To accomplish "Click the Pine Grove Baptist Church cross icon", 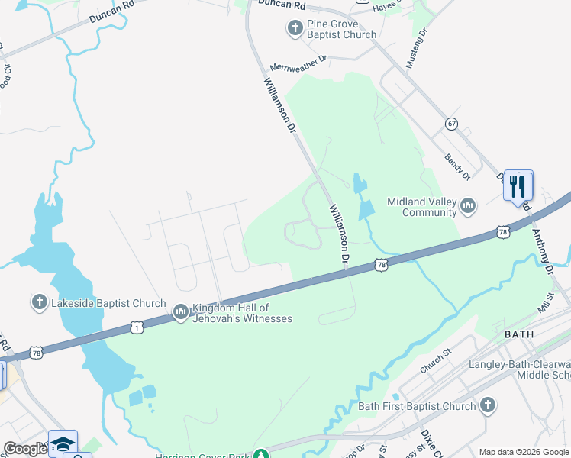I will tap(295, 29).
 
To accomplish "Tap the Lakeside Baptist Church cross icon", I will tap(39, 303).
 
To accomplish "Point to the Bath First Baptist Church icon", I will tap(488, 405).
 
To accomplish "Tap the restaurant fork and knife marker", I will tap(518, 185).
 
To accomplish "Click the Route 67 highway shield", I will tap(452, 123).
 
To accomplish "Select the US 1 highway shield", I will tap(136, 327).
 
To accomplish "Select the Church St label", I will tap(436, 357).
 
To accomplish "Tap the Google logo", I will tap(25, 449).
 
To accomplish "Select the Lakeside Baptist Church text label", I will tap(108, 303).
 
